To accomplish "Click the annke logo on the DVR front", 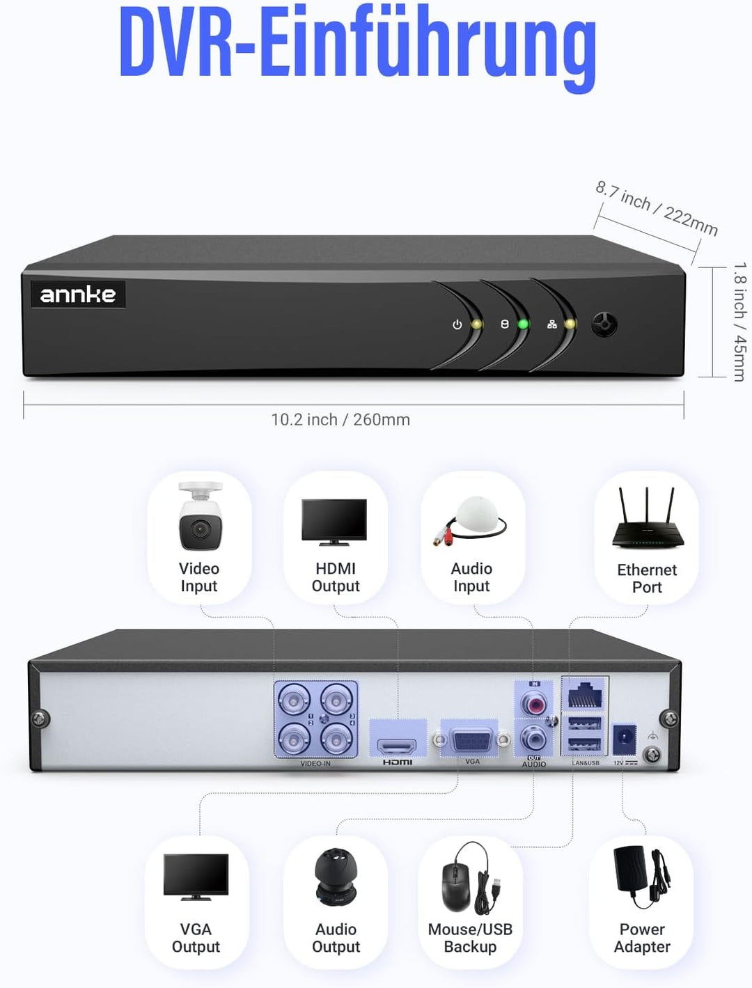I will click(78, 295).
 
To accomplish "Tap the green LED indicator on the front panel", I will click(524, 324).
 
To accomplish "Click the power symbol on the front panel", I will click(457, 324).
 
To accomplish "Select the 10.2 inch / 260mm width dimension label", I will click(340, 420).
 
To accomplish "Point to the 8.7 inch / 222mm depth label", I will click(656, 208).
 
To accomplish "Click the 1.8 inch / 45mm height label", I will click(739, 322).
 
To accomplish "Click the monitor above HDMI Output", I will click(334, 521).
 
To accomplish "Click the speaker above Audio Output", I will click(336, 879).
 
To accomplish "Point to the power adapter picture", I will click(640, 876).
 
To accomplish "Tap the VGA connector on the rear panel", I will click(472, 740).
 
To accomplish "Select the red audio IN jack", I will click(535, 705).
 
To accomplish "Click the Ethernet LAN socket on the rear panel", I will click(585, 696).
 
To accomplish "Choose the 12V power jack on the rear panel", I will click(624, 739).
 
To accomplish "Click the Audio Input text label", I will click(471, 578).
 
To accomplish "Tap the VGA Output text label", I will click(196, 938).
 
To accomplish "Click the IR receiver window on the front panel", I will click(604, 324).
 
